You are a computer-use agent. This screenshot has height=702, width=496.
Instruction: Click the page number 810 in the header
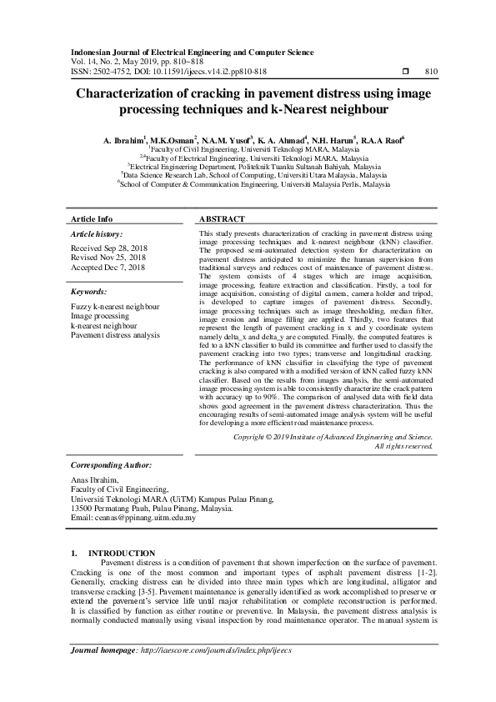(431, 72)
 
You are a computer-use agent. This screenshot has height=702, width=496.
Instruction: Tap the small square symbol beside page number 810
(405, 72)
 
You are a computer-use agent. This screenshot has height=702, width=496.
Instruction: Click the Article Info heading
(92, 218)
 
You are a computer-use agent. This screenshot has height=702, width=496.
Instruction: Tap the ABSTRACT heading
(222, 218)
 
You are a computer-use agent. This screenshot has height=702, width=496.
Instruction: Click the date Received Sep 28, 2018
(108, 248)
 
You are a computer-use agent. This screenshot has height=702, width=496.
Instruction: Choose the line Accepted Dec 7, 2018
(108, 268)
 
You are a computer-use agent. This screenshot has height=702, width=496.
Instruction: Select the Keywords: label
(88, 293)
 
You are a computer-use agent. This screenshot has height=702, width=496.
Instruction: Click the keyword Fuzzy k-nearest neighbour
(116, 307)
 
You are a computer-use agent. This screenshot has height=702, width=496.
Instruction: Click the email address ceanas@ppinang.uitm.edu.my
(133, 518)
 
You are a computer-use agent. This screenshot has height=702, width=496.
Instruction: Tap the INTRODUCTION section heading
(122, 553)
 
